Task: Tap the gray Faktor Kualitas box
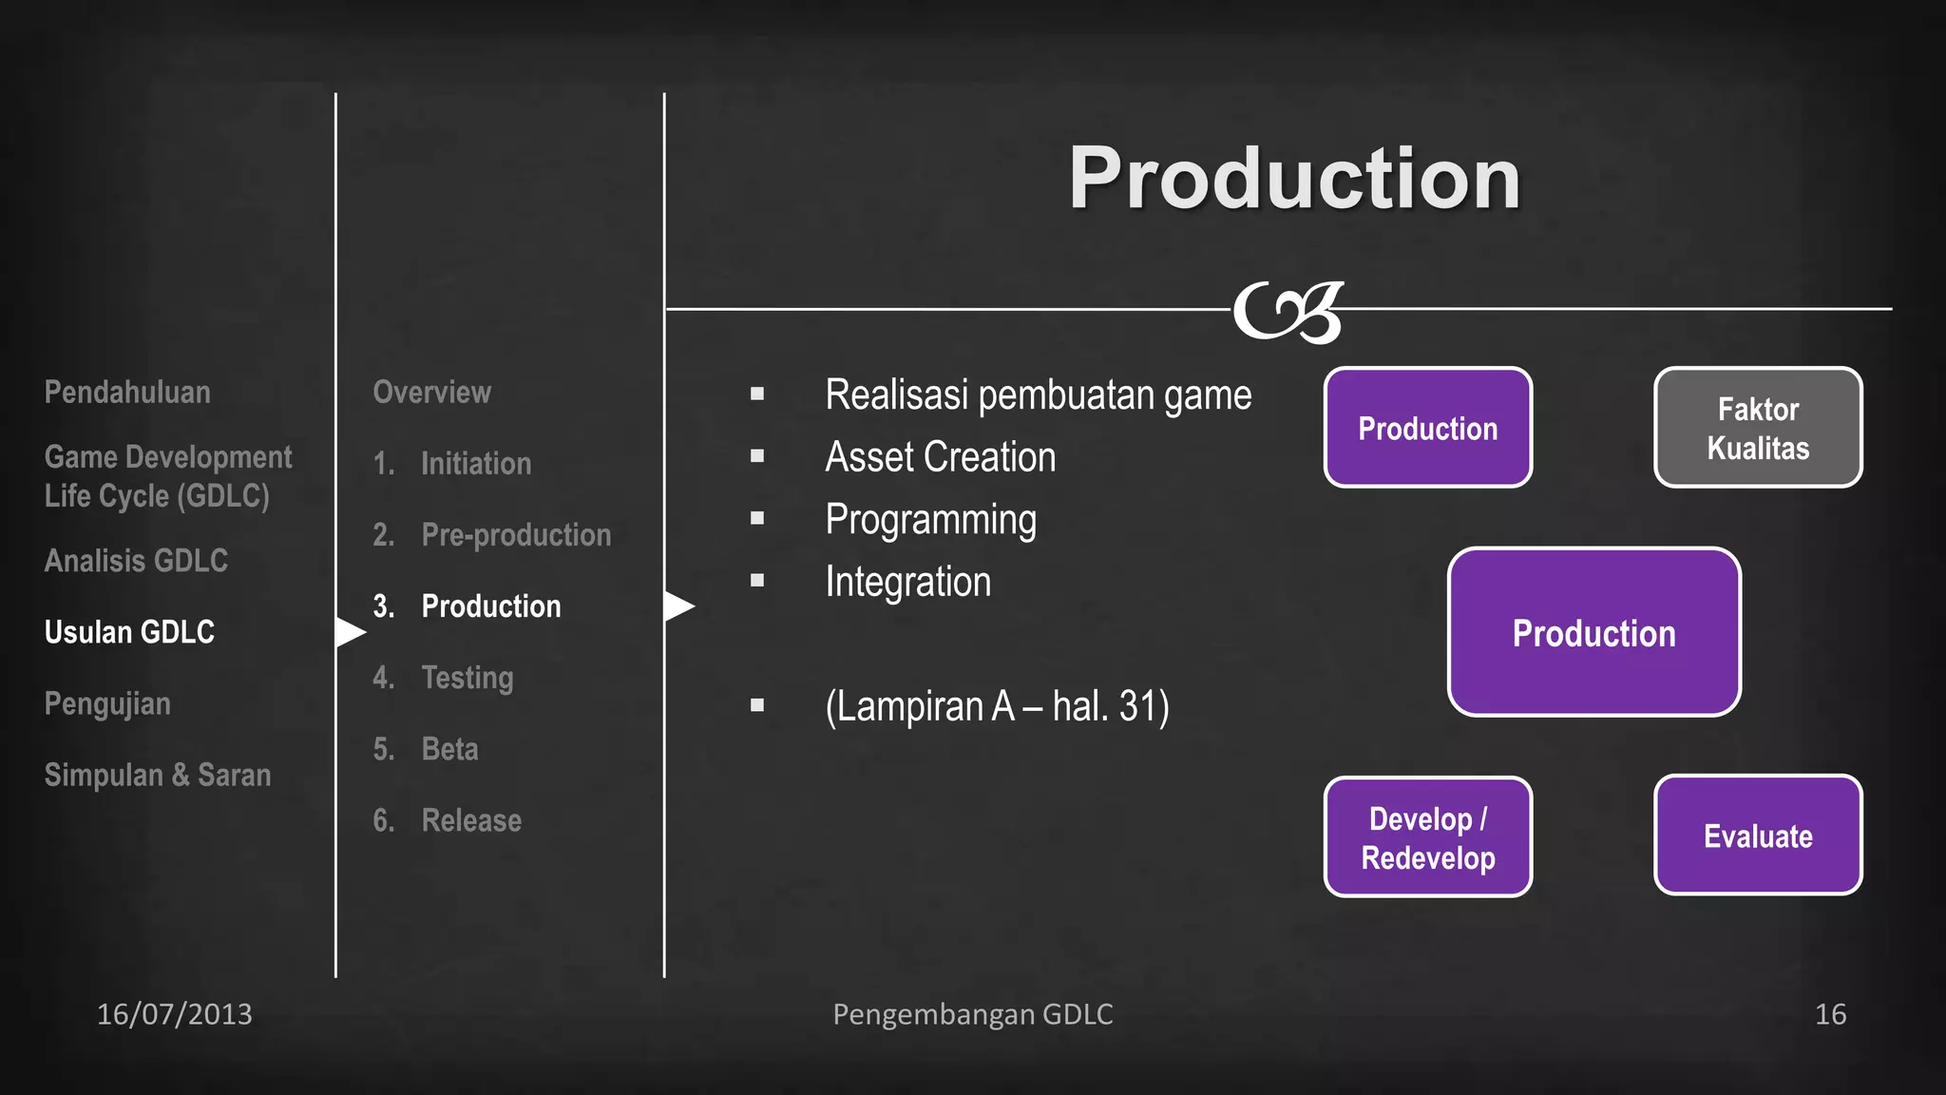click(x=1758, y=428)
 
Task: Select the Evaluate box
click(x=1758, y=836)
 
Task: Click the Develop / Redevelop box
click(x=1428, y=837)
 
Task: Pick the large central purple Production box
click(x=1593, y=632)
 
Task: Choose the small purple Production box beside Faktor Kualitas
click(x=1428, y=428)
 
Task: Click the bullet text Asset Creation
click(x=940, y=457)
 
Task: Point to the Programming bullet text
click(x=930, y=520)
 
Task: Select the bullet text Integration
click(x=907, y=582)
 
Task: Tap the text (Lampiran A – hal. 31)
click(x=997, y=706)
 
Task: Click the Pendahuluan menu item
click(x=127, y=393)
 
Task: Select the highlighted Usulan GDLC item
click(x=129, y=632)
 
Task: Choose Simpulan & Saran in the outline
click(x=158, y=776)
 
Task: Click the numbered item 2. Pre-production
click(x=491, y=535)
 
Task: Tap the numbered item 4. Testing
click(x=443, y=678)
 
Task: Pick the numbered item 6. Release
click(x=447, y=820)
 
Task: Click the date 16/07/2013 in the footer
click(x=175, y=1014)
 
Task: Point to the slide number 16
click(x=1830, y=1014)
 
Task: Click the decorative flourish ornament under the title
click(x=1288, y=311)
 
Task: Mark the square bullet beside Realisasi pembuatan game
click(x=757, y=394)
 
